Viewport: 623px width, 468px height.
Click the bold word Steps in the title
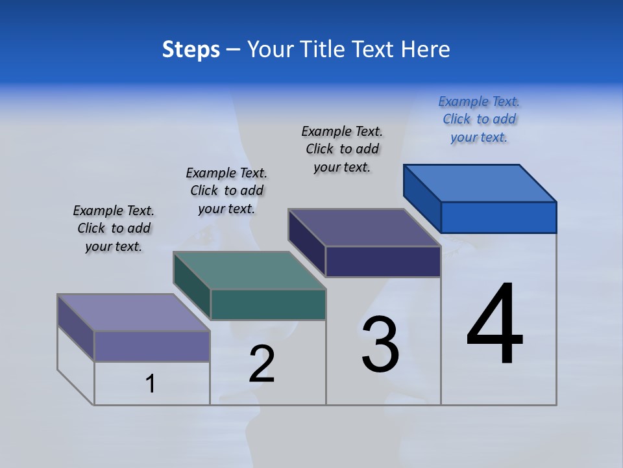point(191,49)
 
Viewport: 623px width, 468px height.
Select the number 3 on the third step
point(380,344)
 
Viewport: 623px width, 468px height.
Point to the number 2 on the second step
point(262,364)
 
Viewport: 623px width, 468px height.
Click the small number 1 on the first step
point(151,383)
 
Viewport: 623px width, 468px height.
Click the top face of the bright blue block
point(480,183)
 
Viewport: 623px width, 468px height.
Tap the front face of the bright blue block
point(498,217)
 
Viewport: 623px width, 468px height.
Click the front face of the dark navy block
point(383,262)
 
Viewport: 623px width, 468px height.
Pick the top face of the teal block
point(249,270)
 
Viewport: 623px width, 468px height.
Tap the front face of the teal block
point(268,304)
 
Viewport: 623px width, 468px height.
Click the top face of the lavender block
point(133,313)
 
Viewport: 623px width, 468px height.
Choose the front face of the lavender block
point(152,346)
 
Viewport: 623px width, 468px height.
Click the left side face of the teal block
point(192,286)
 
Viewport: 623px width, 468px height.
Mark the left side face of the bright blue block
point(422,198)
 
